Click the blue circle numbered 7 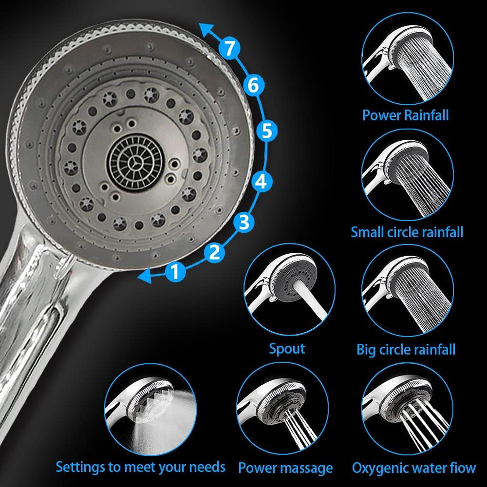pyautogui.click(x=229, y=48)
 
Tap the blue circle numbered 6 pyautogui.click(x=253, y=85)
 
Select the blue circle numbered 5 pyautogui.click(x=267, y=131)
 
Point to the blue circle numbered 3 pyautogui.click(x=244, y=222)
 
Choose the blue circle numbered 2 pyautogui.click(x=215, y=252)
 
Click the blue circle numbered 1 pyautogui.click(x=175, y=271)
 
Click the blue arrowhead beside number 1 pyautogui.click(x=145, y=276)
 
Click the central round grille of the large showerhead pyautogui.click(x=135, y=161)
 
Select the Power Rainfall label pyautogui.click(x=406, y=115)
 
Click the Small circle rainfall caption pyautogui.click(x=407, y=232)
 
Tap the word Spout pyautogui.click(x=287, y=349)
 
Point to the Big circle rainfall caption pyautogui.click(x=406, y=349)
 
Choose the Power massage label pyautogui.click(x=285, y=468)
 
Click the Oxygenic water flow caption pyautogui.click(x=413, y=468)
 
